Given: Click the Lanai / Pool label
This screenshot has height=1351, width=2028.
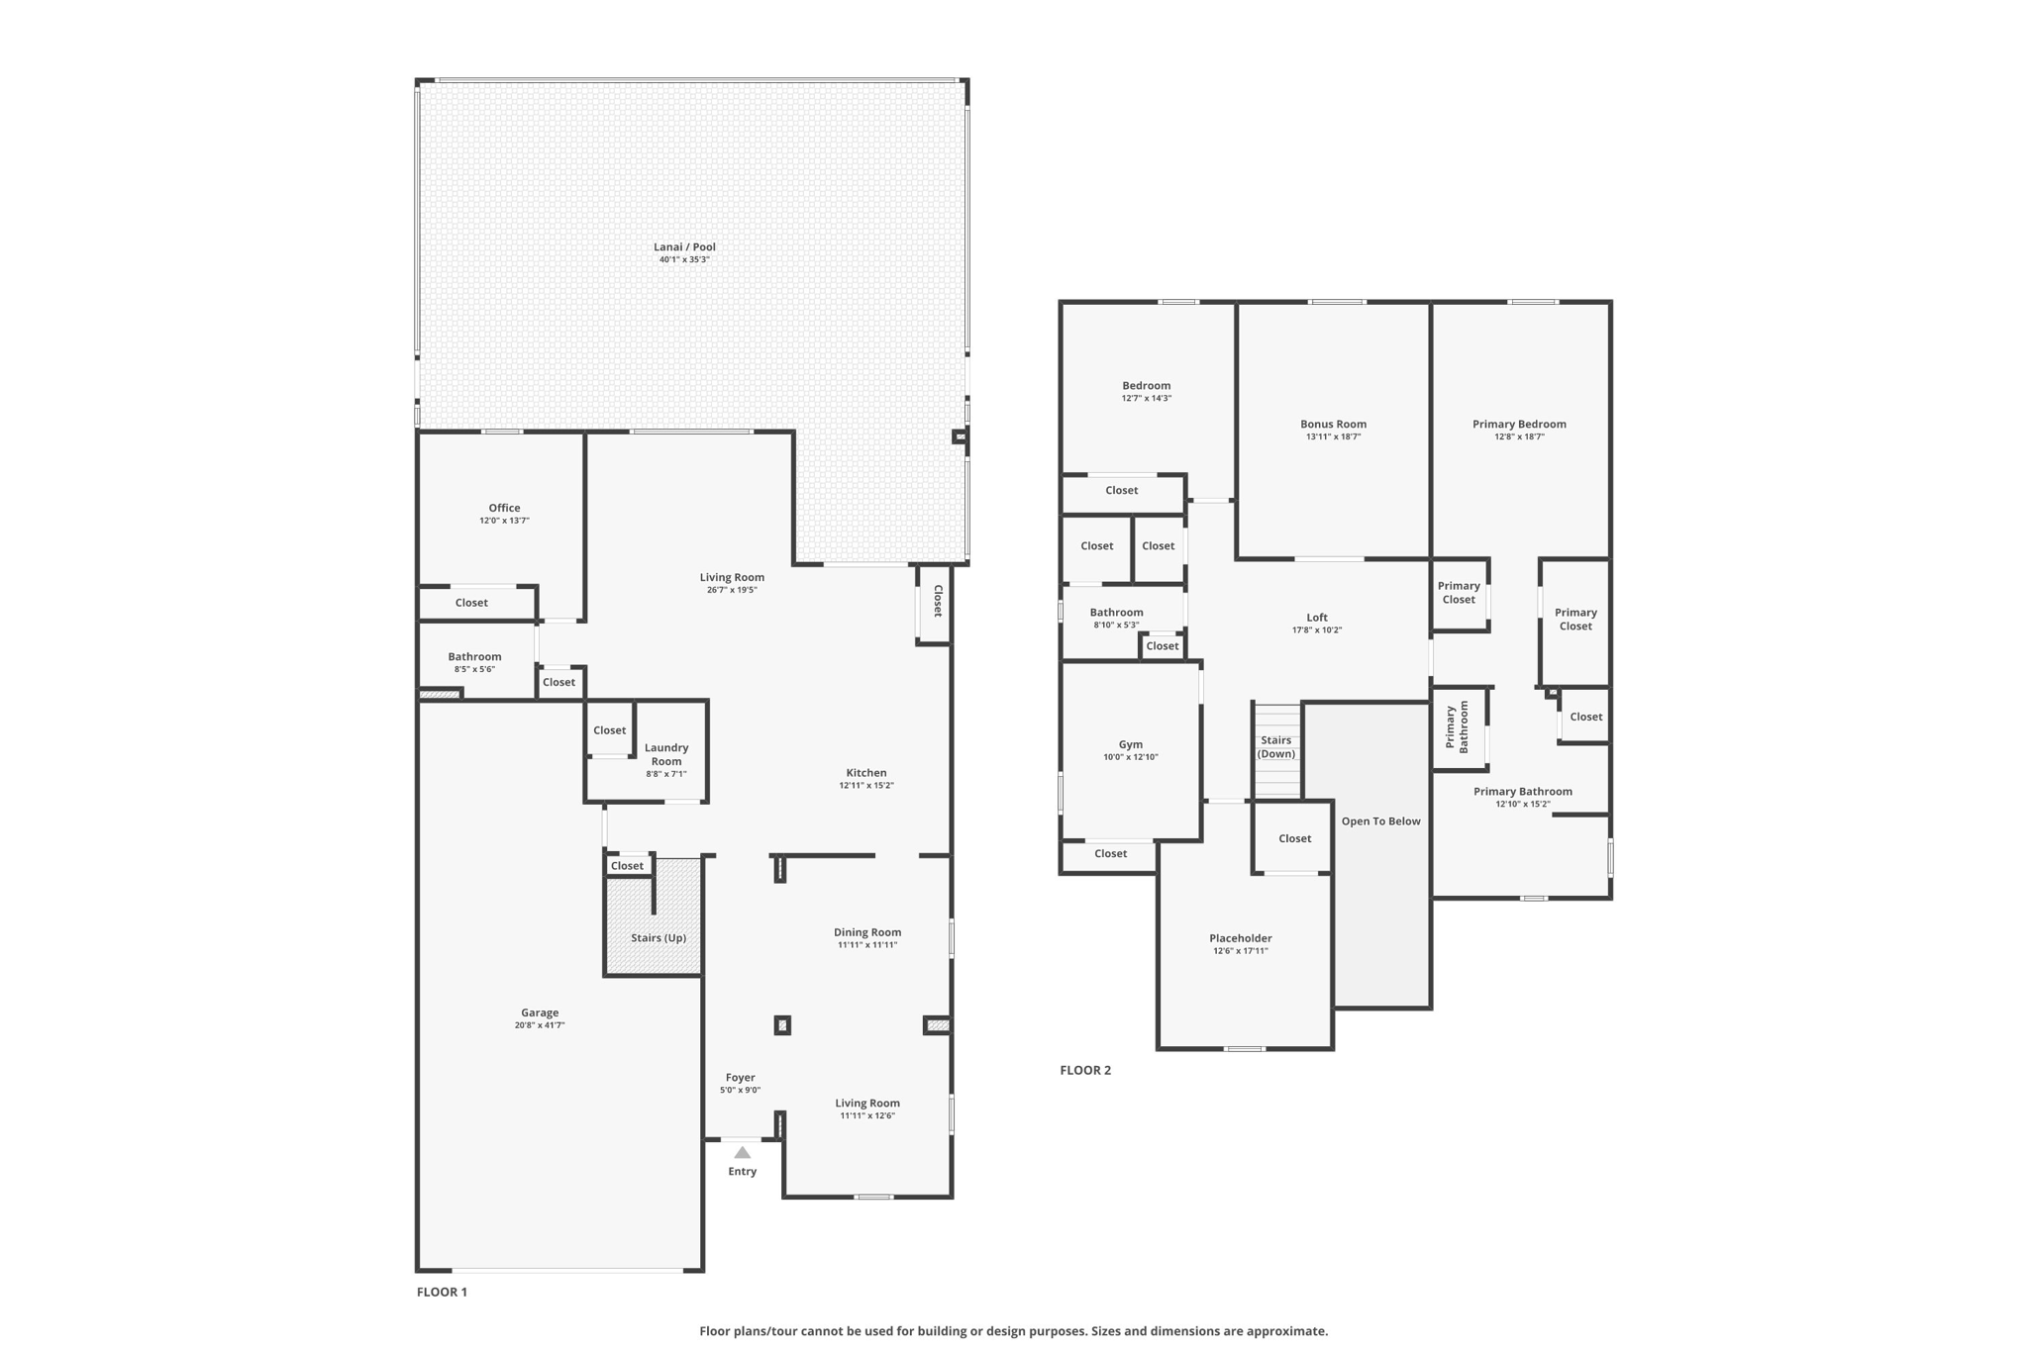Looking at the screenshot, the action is click(x=684, y=247).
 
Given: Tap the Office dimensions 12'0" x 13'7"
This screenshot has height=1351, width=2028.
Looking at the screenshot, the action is click(x=504, y=521).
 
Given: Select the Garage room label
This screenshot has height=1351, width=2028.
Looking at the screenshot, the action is click(x=540, y=1013).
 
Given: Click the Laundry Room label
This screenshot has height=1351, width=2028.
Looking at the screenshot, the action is click(x=666, y=755).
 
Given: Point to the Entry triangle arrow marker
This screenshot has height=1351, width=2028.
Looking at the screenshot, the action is click(x=742, y=1152).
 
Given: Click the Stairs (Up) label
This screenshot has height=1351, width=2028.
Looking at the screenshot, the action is click(x=659, y=938).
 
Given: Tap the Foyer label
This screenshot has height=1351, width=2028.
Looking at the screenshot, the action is click(x=740, y=1078).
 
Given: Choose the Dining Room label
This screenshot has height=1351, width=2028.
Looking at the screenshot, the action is click(x=867, y=932).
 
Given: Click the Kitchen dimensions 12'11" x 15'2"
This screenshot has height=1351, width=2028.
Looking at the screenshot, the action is click(x=866, y=786).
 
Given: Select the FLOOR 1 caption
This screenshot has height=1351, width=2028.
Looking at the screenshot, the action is click(x=442, y=1292).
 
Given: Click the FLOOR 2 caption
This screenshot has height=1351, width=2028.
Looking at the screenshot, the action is click(x=1085, y=1070).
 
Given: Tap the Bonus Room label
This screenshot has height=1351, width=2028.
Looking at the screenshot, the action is click(x=1333, y=425).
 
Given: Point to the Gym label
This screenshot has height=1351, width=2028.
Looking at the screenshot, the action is click(x=1130, y=744).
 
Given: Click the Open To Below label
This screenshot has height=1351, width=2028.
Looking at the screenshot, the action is click(x=1380, y=821).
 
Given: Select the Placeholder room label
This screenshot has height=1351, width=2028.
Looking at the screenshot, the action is click(x=1240, y=938).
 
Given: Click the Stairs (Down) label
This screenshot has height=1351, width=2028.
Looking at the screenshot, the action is click(x=1275, y=747).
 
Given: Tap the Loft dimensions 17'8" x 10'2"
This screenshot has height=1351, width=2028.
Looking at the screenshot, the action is click(x=1316, y=630).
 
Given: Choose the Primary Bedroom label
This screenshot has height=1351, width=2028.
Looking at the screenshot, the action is click(x=1519, y=425).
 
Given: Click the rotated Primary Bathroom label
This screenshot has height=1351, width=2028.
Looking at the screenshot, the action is click(x=1457, y=727).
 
